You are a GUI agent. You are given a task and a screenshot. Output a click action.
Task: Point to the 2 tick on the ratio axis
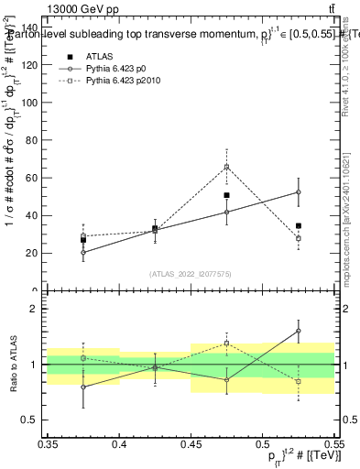(39, 310)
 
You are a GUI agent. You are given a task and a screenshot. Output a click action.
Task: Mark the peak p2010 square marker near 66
(227, 167)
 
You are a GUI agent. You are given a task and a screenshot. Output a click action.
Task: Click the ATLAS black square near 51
(227, 195)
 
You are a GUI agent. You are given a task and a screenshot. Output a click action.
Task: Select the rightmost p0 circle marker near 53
(299, 192)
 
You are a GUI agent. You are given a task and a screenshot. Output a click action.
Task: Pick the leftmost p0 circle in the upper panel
(83, 253)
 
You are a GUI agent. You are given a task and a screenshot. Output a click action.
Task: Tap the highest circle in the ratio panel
(299, 331)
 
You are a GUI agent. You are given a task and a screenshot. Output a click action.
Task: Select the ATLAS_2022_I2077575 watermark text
(191, 274)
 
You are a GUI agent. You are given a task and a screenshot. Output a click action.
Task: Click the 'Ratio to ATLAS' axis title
(13, 364)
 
